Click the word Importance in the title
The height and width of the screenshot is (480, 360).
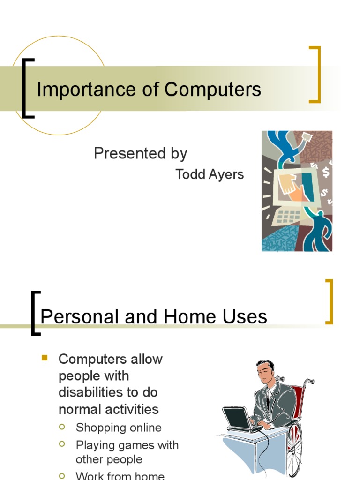click(x=86, y=90)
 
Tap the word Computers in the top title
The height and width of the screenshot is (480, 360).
click(x=213, y=90)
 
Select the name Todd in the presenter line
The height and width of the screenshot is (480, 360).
click(x=190, y=174)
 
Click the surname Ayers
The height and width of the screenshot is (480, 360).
click(x=226, y=175)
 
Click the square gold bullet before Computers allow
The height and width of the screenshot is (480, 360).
click(x=45, y=358)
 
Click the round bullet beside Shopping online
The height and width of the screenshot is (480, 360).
click(x=62, y=427)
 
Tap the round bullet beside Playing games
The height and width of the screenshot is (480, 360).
click(x=62, y=443)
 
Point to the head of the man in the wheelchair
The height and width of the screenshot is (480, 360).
click(x=266, y=371)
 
